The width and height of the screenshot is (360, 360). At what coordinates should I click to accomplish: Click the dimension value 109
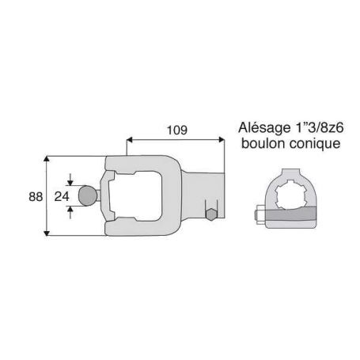coord(177,130)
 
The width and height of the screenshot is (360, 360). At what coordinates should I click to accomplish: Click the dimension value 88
coord(36,197)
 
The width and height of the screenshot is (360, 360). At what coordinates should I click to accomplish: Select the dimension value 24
coord(62,196)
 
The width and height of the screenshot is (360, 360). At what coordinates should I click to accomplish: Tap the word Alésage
coord(264,128)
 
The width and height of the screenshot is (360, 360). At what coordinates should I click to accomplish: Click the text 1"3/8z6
coord(319,127)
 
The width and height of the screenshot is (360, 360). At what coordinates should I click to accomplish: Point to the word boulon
coord(263,144)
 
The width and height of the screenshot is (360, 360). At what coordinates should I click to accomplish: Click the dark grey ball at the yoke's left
coord(88,195)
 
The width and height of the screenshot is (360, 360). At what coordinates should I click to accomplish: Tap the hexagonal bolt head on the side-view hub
coord(211,214)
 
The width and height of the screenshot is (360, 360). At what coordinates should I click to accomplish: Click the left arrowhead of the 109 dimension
coord(129,139)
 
